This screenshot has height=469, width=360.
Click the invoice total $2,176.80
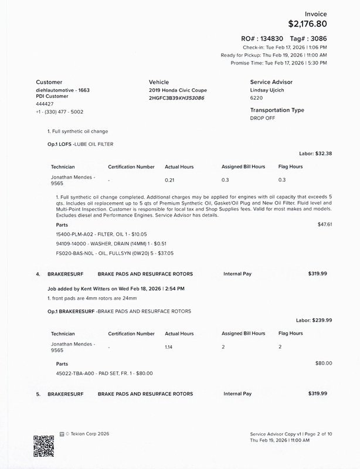click(x=307, y=24)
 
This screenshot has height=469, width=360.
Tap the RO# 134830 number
click(x=278, y=37)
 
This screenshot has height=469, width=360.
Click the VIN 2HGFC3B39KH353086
click(x=176, y=98)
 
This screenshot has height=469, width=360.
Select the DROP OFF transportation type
click(x=262, y=118)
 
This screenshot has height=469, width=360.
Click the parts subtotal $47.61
click(x=324, y=224)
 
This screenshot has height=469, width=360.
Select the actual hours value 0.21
click(x=170, y=179)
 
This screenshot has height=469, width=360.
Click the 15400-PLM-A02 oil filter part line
click(x=96, y=234)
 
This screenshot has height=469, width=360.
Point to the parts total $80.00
click(x=324, y=363)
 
